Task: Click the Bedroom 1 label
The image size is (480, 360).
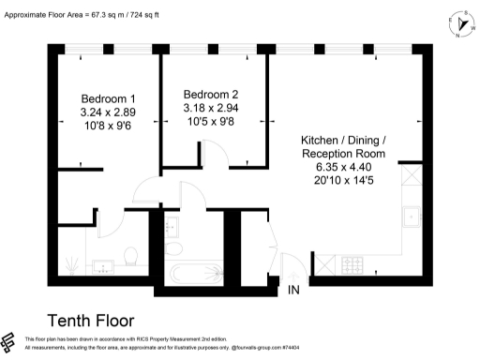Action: pos(108,98)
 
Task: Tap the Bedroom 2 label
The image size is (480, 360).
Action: pos(211,94)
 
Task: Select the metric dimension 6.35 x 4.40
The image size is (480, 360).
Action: pos(344,167)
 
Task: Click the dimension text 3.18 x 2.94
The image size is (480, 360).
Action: pos(211,108)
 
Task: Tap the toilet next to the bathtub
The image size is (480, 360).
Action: pos(175,249)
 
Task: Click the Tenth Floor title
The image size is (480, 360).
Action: pos(90,321)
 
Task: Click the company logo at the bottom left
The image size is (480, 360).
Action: pos(10,341)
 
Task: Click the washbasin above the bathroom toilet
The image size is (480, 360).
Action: pos(174,225)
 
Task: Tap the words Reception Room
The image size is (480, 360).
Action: pos(344,153)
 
